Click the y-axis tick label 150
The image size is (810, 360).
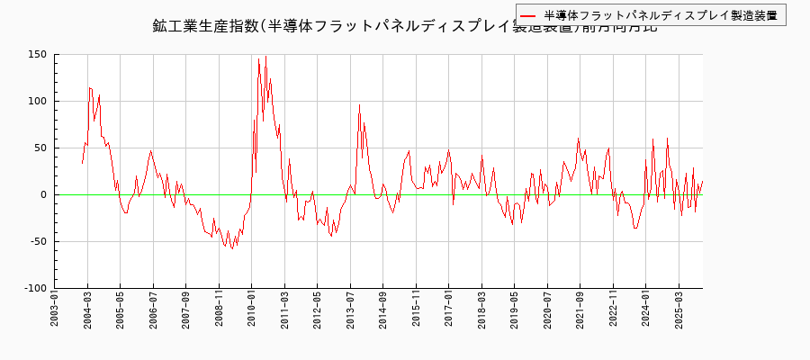37,54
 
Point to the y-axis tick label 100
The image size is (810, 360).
37,101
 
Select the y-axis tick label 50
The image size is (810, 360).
40,148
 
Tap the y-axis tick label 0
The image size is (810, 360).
43,194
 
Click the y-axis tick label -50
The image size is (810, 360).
38,241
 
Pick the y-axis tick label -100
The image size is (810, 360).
34,288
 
